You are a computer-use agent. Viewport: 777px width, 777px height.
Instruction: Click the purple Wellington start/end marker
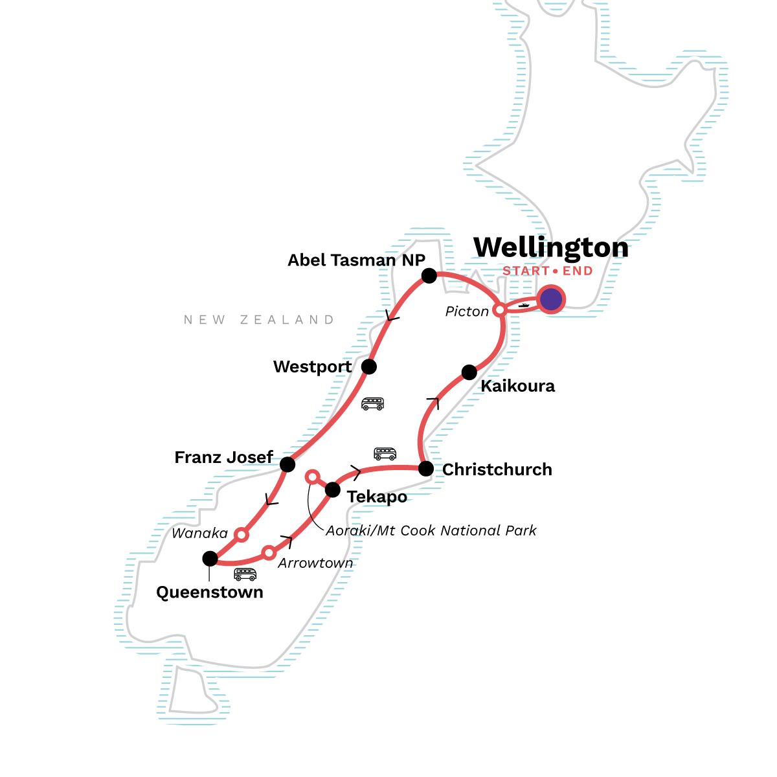551,300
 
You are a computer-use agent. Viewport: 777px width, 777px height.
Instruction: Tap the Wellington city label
551,247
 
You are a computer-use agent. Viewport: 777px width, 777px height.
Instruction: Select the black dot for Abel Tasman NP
429,276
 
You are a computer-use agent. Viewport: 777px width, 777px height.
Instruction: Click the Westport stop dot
368,366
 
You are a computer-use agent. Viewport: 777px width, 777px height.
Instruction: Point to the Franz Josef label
224,457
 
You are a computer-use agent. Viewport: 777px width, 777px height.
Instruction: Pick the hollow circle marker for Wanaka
241,535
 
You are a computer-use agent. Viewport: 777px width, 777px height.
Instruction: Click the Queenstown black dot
210,558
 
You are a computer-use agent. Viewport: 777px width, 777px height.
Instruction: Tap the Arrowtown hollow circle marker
269,553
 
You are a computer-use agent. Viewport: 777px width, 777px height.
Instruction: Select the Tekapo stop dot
332,489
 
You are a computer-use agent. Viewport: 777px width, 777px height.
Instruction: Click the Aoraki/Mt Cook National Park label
431,531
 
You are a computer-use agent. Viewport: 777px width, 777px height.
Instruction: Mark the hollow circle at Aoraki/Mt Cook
312,477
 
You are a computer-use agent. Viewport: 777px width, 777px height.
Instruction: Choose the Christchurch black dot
425,469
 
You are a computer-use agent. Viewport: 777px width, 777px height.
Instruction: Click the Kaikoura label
517,387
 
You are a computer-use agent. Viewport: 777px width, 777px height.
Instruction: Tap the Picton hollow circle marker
500,310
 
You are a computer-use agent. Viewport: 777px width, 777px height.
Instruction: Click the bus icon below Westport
372,404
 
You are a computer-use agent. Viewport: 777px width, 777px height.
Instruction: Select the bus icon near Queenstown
245,574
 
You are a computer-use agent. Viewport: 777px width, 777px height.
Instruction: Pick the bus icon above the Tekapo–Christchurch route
385,453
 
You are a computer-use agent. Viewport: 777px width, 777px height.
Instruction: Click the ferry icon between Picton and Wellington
524,305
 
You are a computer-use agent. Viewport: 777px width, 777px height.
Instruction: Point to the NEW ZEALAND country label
259,320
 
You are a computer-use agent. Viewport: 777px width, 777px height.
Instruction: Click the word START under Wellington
526,271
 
